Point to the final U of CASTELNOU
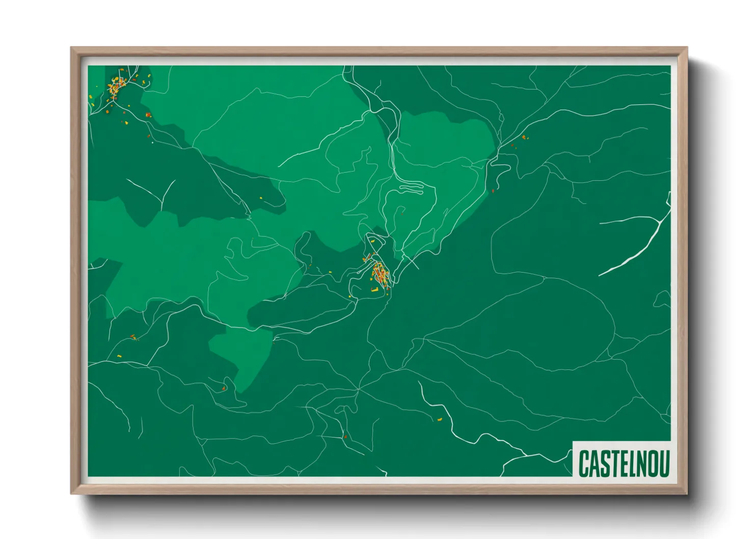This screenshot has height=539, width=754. pyautogui.click(x=663, y=463)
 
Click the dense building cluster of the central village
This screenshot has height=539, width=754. pyautogui.click(x=380, y=274)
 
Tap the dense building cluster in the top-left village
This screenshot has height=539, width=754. pyautogui.click(x=117, y=87)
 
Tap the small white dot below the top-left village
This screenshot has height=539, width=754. pyautogui.click(x=152, y=143)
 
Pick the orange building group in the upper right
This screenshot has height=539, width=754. pyautogui.click(x=524, y=137)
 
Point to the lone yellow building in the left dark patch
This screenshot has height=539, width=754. pyautogui.click(x=261, y=198)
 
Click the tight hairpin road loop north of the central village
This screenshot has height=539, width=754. pyautogui.click(x=412, y=189)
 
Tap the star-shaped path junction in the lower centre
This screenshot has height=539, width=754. pyautogui.click(x=359, y=389)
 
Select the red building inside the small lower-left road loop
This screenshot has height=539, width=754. pyautogui.click(x=224, y=389)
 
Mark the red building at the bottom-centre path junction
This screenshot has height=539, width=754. pyautogui.click(x=345, y=436)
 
